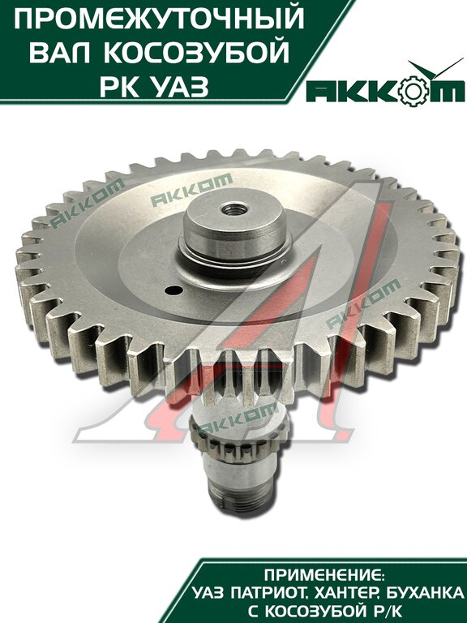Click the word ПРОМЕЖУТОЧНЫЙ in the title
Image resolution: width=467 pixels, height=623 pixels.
(x=159, y=19)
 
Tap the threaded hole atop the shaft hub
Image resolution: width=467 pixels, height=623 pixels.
(x=234, y=208)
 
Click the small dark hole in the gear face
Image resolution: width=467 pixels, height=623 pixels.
(x=172, y=290)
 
